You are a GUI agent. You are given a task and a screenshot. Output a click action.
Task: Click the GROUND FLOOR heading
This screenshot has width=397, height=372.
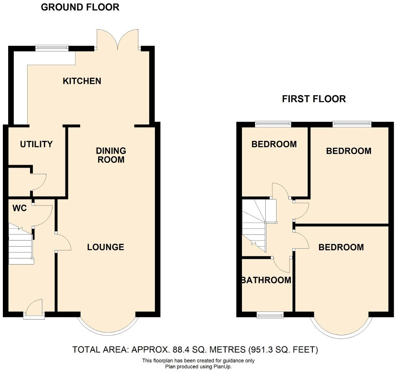(x=80, y=7)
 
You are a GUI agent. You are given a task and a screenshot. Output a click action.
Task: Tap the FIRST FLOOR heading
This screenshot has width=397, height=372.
(x=314, y=99)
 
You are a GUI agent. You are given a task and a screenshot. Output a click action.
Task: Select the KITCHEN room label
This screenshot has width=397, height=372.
(x=82, y=81)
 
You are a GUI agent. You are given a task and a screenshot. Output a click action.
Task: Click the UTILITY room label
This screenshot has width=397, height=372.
(x=36, y=144)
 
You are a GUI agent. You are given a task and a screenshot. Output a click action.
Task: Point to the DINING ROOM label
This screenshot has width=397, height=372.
(x=111, y=155)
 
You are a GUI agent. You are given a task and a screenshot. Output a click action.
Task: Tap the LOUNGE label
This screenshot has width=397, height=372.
(x=106, y=247)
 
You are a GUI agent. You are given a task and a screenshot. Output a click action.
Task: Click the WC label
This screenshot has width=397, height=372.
(x=20, y=209)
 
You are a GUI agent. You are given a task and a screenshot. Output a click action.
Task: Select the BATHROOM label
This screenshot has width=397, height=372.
(x=266, y=280)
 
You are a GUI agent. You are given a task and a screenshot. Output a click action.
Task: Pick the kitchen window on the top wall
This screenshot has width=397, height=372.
(x=52, y=48)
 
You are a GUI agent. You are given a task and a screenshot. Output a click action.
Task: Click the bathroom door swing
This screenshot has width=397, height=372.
(x=282, y=265)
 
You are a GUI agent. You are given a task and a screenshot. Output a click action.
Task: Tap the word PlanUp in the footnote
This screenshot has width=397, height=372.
(x=222, y=366)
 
